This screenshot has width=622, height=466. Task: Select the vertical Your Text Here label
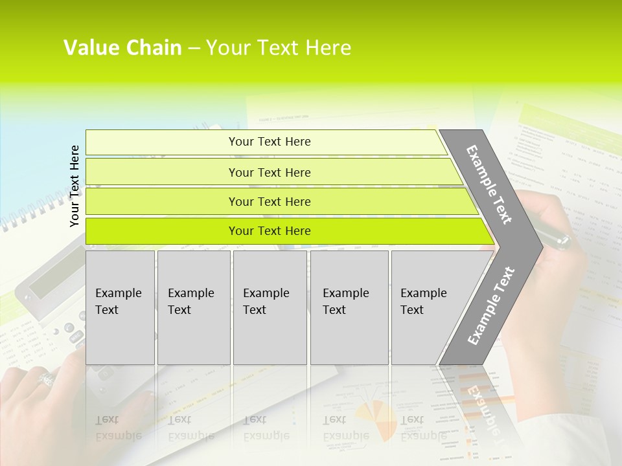click(x=75, y=186)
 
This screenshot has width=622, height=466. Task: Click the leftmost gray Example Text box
click(x=120, y=307)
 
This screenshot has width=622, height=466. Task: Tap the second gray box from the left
click(x=193, y=307)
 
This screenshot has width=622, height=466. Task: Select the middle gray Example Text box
click(x=270, y=307)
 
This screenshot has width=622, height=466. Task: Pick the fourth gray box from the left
click(x=349, y=307)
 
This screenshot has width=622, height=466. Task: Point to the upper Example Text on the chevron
click(x=489, y=184)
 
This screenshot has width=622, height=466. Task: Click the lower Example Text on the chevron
click(x=490, y=306)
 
